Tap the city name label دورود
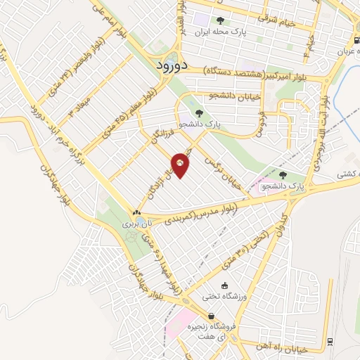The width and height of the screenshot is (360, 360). [169, 65]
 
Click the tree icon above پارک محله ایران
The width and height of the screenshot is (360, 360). [220, 20]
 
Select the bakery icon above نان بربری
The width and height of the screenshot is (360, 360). [136, 212]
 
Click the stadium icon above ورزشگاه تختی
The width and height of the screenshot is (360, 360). [224, 285]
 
